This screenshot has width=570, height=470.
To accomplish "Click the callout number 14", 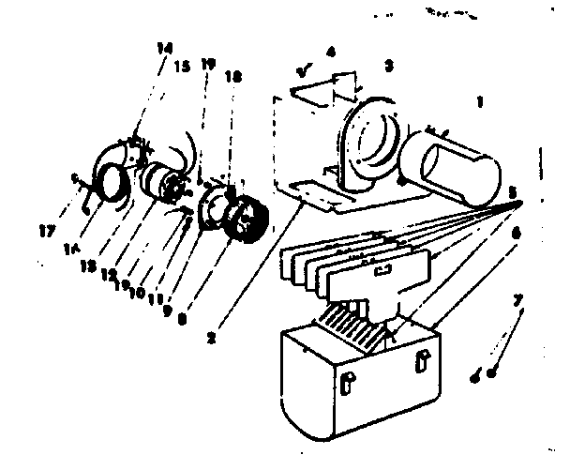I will (164, 46).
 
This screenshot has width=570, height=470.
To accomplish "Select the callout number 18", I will (233, 76).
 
